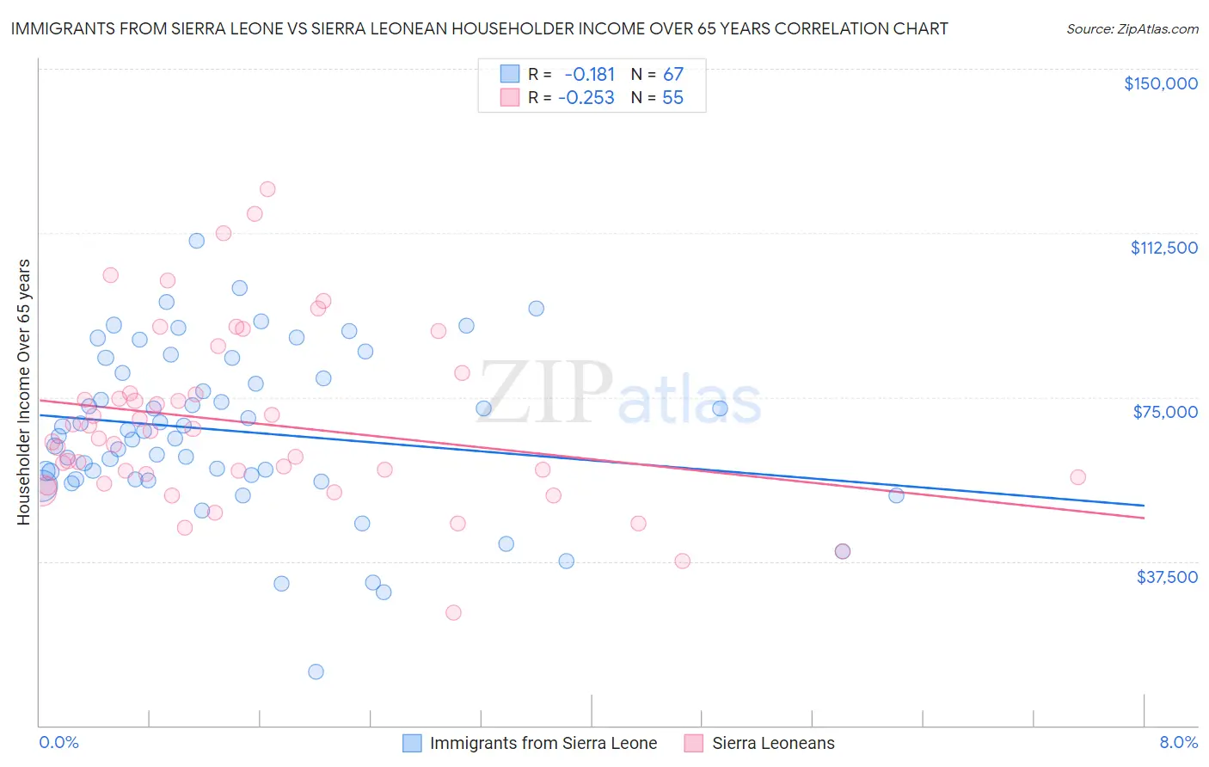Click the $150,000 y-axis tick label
pyautogui.click(x=1160, y=83)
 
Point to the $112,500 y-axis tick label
pyautogui.click(x=1163, y=248)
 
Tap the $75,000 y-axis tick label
pyautogui.click(x=1165, y=412)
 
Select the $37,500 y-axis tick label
pyautogui.click(x=1167, y=577)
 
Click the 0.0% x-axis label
pyautogui.click(x=58, y=742)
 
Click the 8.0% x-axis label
pyautogui.click(x=1178, y=742)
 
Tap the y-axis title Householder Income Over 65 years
pyautogui.click(x=23, y=391)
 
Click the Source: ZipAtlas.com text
pyautogui.click(x=1132, y=28)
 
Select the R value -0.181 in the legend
pyautogui.click(x=589, y=74)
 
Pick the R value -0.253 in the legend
pyautogui.click(x=586, y=98)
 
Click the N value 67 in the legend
pyautogui.click(x=672, y=74)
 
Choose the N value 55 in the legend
pyautogui.click(x=672, y=98)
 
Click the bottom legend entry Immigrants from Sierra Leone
pyautogui.click(x=543, y=743)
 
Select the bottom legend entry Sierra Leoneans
pyautogui.click(x=772, y=743)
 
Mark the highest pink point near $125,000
pyautogui.click(x=267, y=189)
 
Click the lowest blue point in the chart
pyautogui.click(x=316, y=672)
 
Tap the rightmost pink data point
pyautogui.click(x=1077, y=477)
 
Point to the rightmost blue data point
pyautogui.click(x=896, y=495)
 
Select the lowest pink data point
pyautogui.click(x=453, y=612)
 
